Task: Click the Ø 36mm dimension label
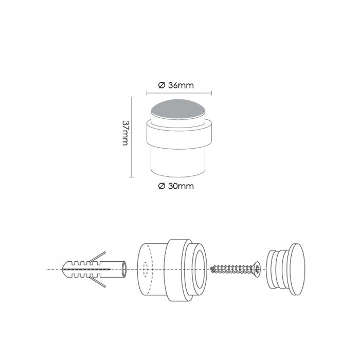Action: pos(176,85)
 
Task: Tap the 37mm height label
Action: pos(125,133)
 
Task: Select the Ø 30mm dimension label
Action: pos(176,186)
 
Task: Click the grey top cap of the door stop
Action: pos(178,109)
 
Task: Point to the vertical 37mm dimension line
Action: pos(131,137)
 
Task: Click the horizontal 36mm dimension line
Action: pos(179,93)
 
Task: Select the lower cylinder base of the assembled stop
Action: pos(178,163)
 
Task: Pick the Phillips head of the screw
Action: pos(257,268)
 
